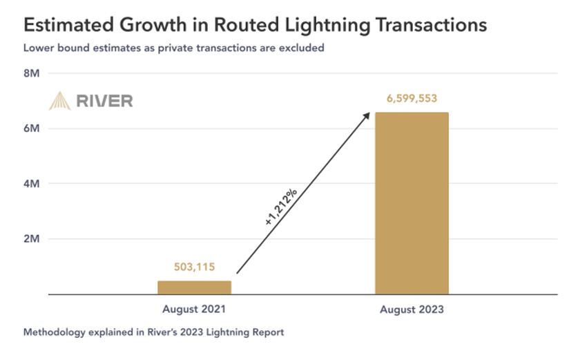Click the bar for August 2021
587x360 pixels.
(195, 287)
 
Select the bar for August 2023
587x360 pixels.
(412, 204)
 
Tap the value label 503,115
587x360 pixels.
(195, 267)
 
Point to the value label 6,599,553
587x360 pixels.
(412, 99)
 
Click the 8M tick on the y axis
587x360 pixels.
(32, 73)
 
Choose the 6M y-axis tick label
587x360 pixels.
(32, 129)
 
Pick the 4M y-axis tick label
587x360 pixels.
(32, 184)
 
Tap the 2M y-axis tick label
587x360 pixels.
(32, 239)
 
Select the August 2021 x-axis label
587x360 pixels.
(195, 309)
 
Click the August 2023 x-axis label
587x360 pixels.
(412, 310)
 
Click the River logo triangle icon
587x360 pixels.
(59, 101)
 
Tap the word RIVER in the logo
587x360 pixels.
(104, 101)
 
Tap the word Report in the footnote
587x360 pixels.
(267, 332)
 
